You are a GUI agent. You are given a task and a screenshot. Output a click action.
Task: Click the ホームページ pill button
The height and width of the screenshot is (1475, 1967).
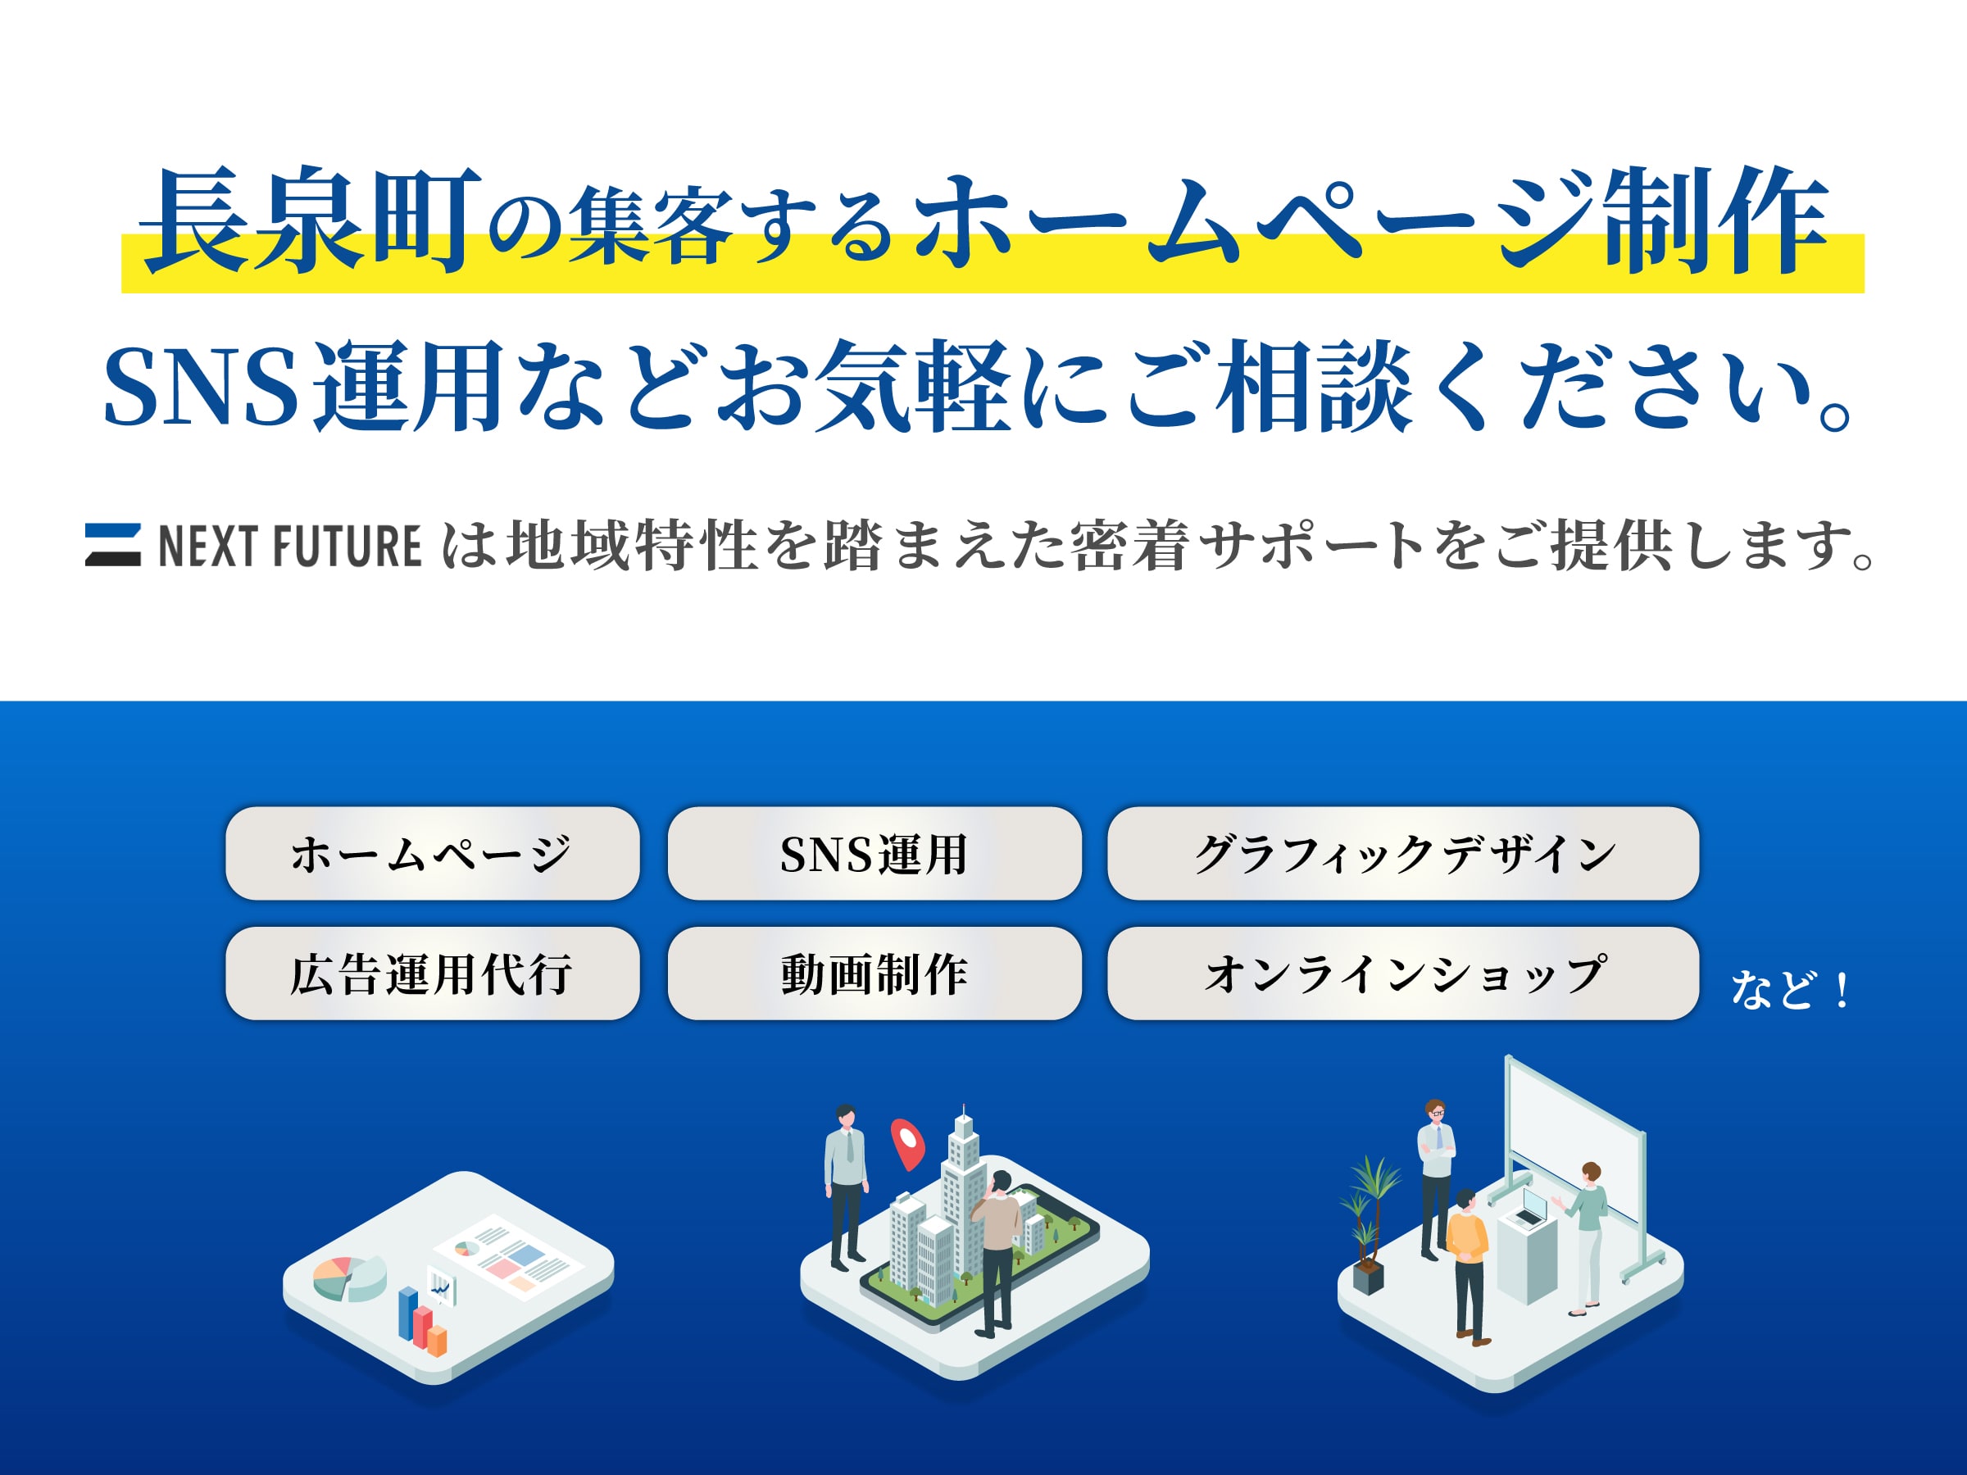432,854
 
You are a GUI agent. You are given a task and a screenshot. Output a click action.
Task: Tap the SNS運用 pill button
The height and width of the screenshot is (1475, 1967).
874,854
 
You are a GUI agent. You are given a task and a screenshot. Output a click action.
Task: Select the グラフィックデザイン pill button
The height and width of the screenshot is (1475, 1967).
1402,854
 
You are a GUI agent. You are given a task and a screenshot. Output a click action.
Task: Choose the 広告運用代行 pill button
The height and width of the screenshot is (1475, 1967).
432,973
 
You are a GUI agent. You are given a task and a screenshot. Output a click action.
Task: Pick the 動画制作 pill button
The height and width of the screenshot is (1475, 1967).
874,973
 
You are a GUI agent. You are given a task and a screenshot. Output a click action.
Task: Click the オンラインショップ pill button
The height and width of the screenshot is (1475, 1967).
1402,973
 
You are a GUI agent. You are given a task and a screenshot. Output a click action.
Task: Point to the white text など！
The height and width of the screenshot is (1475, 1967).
1789,990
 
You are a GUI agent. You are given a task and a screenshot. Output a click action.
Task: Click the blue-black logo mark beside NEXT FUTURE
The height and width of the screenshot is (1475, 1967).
113,545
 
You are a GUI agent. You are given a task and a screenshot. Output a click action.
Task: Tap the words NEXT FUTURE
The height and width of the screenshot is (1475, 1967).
289,546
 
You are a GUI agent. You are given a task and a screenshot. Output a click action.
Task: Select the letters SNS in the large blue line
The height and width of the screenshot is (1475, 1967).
201,387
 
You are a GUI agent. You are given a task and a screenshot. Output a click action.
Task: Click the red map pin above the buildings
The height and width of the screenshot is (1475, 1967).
908,1141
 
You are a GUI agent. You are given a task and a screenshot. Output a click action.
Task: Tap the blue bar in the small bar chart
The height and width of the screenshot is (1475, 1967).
408,1314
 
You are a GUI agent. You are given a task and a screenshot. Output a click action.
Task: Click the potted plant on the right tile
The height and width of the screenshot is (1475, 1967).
1370,1227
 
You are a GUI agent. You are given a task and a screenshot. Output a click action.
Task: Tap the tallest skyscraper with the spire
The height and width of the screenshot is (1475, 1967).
963,1182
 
